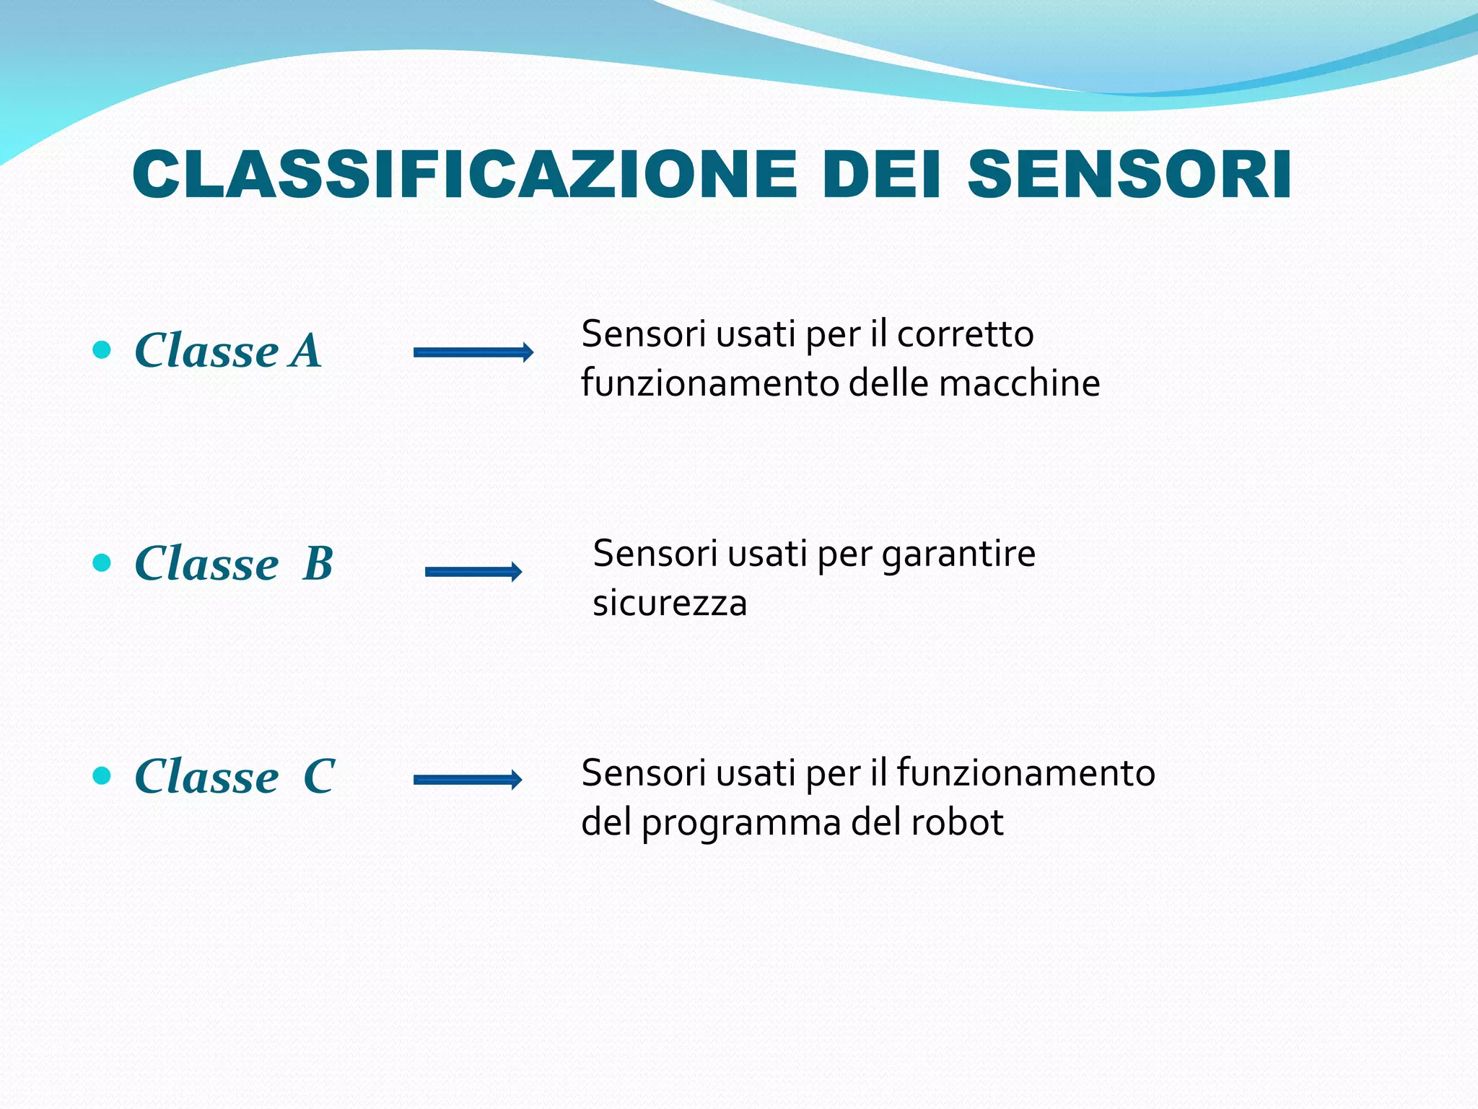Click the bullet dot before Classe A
pos(102,350)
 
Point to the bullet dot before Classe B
pos(102,562)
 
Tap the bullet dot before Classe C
pos(102,775)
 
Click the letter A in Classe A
pos(306,351)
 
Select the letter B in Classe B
pos(318,563)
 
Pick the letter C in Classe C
pos(318,776)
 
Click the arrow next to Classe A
pos(473,352)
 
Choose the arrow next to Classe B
pos(473,572)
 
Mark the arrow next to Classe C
pos(468,779)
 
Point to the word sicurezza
pos(669,604)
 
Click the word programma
pos(741,824)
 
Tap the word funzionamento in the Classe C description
pos(1026,773)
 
